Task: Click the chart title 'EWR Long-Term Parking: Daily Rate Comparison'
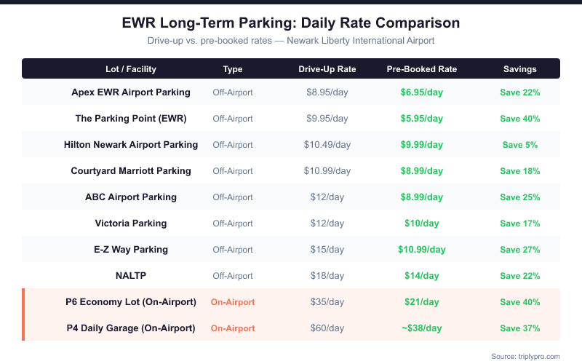(291, 23)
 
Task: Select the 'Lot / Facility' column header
(131, 69)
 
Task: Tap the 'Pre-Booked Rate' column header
(422, 69)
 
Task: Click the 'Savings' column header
(519, 69)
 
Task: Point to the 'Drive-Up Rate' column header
(327, 69)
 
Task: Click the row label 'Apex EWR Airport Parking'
(131, 92)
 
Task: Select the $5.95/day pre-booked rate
(422, 119)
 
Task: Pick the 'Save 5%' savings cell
(519, 145)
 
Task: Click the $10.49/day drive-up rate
(327, 145)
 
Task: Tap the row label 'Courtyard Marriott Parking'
(131, 171)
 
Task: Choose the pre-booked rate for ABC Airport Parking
(422, 197)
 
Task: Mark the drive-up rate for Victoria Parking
(327, 223)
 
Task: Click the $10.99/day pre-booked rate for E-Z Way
(422, 250)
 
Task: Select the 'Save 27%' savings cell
(519, 250)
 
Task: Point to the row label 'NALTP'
(131, 276)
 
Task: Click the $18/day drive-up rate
(327, 276)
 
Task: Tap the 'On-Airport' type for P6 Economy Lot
(233, 302)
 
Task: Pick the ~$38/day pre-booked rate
(422, 328)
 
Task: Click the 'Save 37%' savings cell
(519, 328)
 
